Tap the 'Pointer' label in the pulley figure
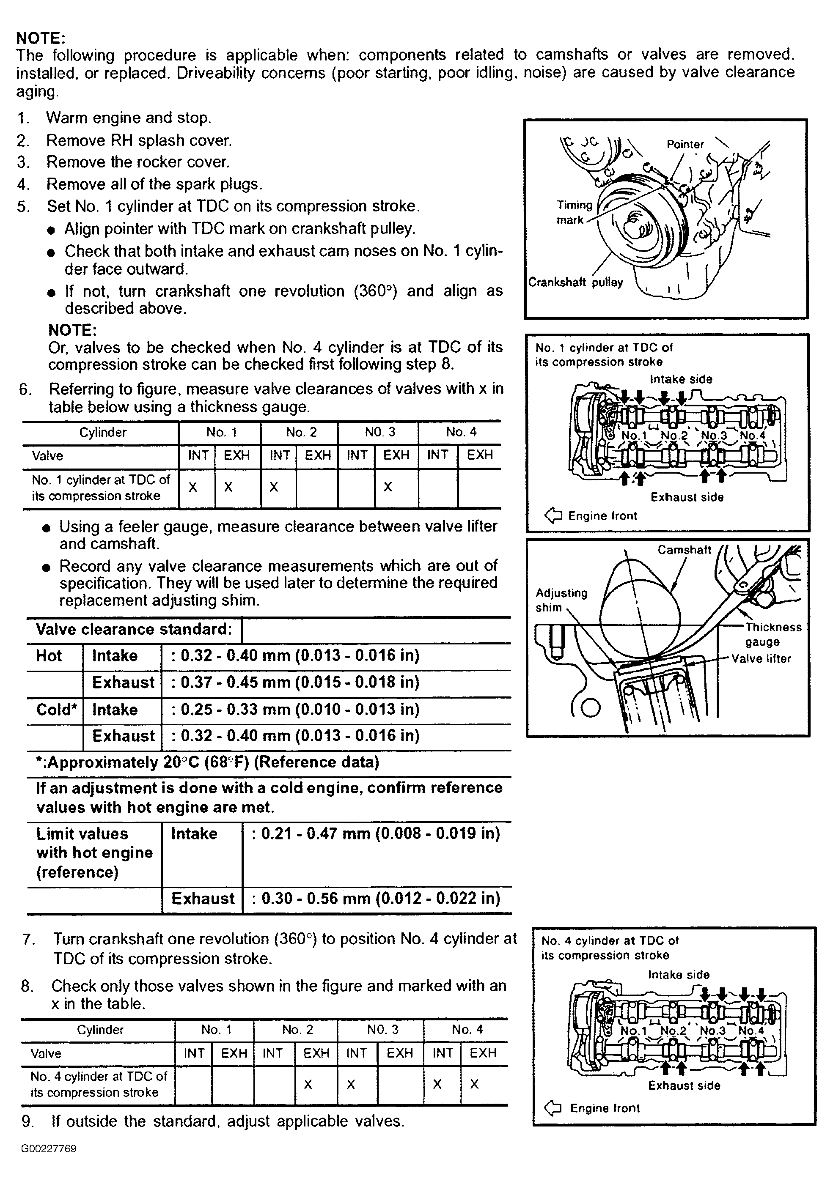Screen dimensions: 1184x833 coord(685,144)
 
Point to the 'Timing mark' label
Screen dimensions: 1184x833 coord(574,212)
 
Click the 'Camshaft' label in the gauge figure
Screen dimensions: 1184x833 coord(684,550)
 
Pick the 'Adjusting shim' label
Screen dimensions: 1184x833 coord(561,600)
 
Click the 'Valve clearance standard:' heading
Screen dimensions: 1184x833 coord(134,629)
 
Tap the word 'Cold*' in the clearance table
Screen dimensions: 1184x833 coord(56,710)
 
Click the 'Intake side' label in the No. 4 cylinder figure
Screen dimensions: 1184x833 coord(678,975)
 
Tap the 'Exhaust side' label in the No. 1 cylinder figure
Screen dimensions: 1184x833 coord(687,497)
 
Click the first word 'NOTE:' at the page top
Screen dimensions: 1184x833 coord(41,38)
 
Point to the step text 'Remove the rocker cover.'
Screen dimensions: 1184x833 coord(138,162)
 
